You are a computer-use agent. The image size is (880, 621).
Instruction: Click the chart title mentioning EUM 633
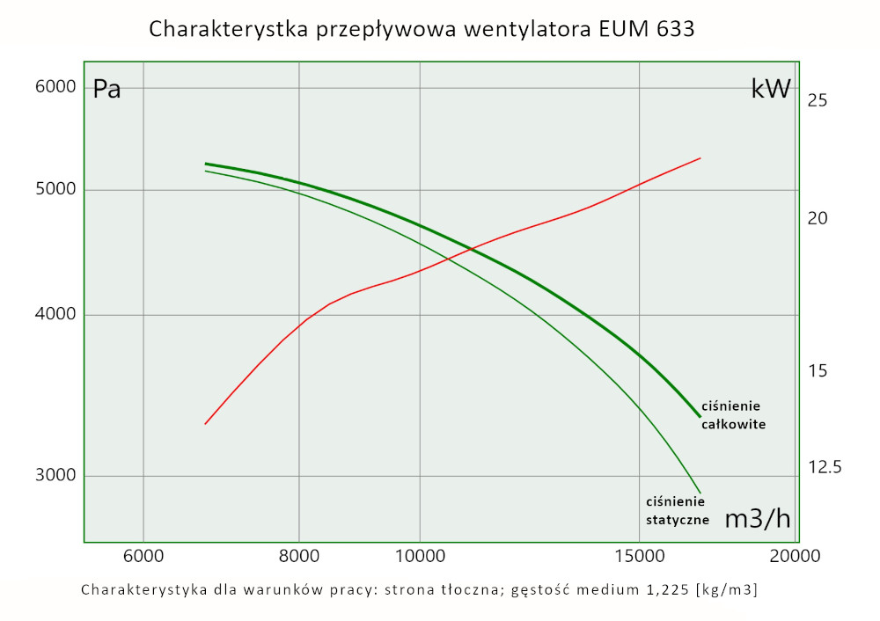click(x=422, y=29)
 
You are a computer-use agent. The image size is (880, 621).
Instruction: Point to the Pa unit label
click(x=106, y=89)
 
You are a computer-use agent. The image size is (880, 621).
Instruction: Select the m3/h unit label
click(x=757, y=519)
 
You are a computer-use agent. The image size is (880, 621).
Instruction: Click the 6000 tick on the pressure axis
click(x=56, y=86)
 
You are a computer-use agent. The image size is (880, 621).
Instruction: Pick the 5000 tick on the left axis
click(x=56, y=190)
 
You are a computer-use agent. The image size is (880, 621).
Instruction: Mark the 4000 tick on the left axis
click(x=56, y=315)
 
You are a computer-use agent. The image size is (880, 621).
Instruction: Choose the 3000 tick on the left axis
click(x=56, y=476)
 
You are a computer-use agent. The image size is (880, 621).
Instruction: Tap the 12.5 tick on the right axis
click(x=825, y=467)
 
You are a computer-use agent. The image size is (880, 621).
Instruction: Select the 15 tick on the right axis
click(x=817, y=371)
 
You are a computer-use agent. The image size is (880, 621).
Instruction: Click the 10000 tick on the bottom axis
click(x=419, y=556)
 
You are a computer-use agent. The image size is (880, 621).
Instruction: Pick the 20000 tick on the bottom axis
click(x=796, y=556)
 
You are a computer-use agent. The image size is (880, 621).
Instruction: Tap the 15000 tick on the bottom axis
click(x=638, y=556)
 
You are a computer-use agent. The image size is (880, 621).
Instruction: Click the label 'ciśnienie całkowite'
click(x=733, y=414)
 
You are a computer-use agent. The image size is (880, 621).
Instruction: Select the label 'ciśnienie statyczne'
click(x=678, y=510)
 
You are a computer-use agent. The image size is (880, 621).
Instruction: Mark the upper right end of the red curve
click(x=700, y=158)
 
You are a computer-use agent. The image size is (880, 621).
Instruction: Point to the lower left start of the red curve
click(x=205, y=424)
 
